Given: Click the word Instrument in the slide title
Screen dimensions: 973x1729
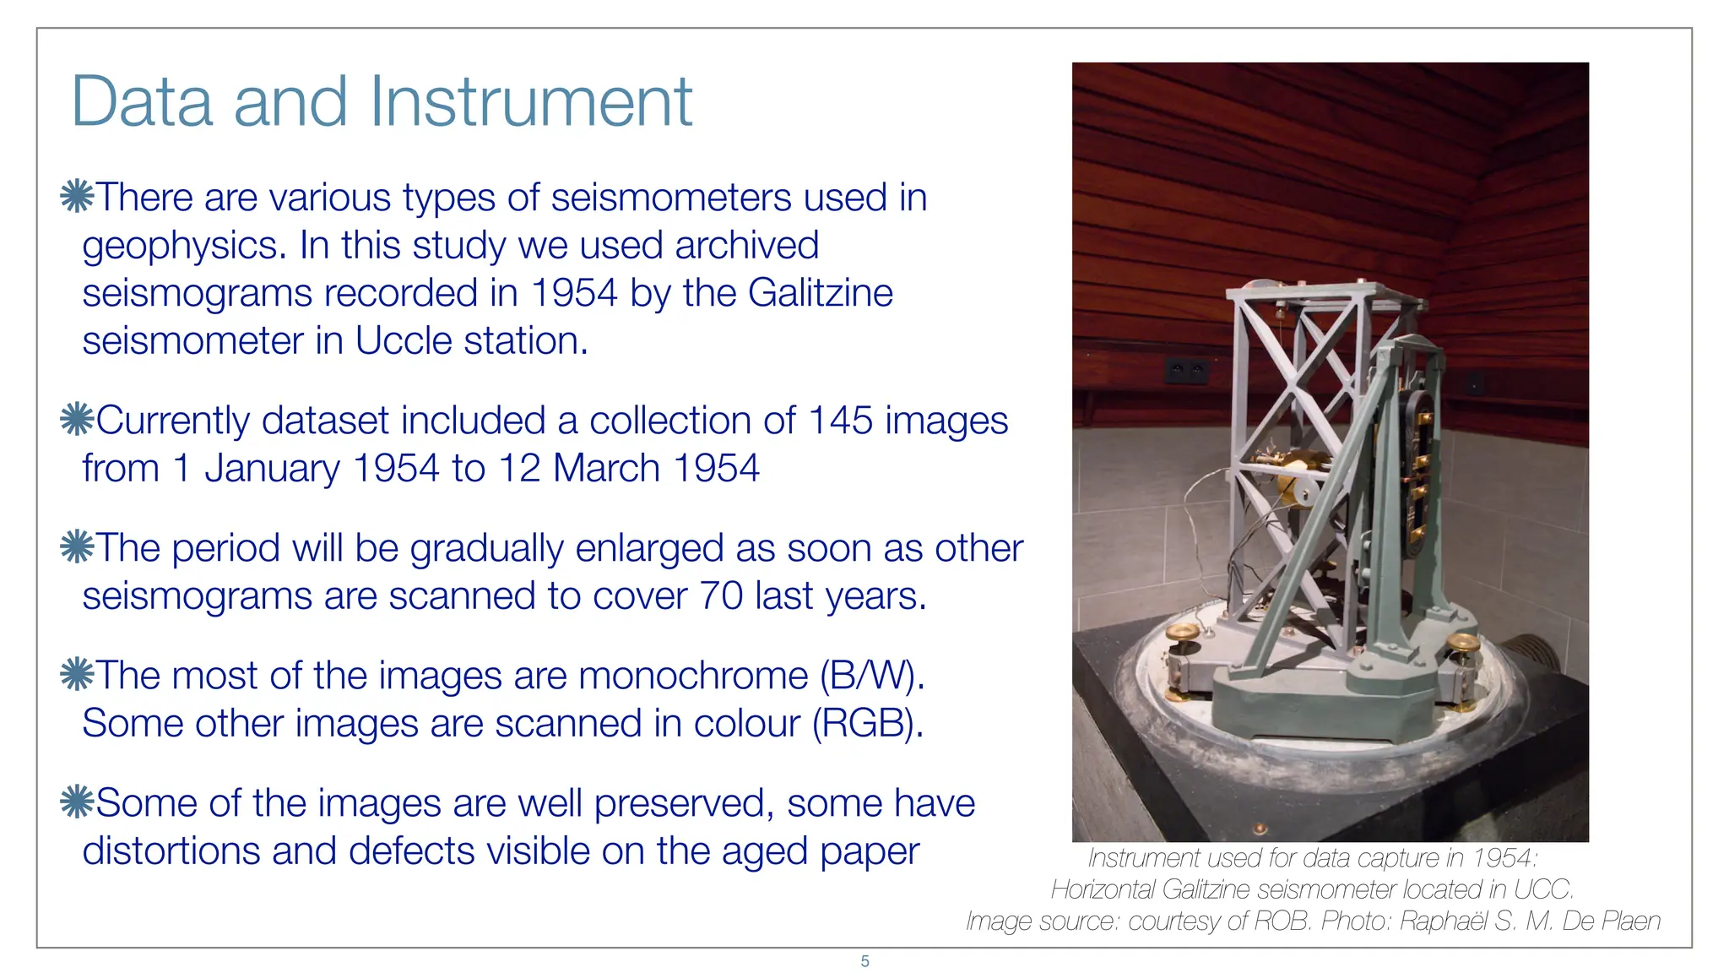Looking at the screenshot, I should coord(531,102).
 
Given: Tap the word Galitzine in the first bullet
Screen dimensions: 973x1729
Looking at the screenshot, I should coord(820,293).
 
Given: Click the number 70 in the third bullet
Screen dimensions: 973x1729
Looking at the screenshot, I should coord(721,596).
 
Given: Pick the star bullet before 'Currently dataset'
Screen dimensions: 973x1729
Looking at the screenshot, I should coord(77,420).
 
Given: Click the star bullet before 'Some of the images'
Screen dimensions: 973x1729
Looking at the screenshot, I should coord(77,802).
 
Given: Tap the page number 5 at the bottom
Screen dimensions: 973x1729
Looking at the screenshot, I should coord(864,961).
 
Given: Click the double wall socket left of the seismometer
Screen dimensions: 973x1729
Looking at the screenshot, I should coord(1186,369).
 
